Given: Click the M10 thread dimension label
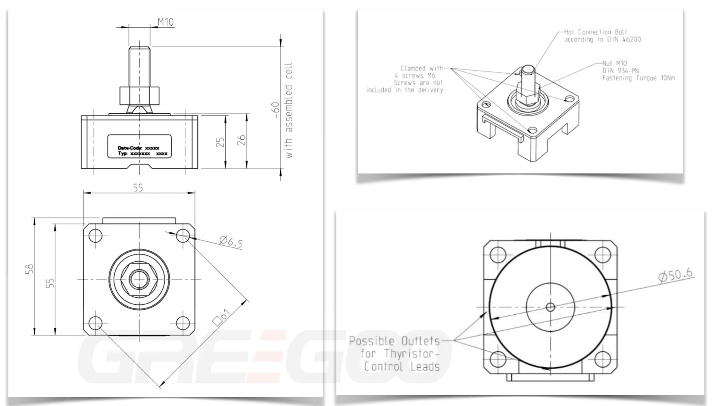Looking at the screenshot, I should click(x=166, y=22).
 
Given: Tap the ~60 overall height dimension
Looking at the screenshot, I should click(x=275, y=110).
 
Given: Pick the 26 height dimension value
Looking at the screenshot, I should click(x=241, y=140).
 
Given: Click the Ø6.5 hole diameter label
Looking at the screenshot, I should click(x=231, y=242).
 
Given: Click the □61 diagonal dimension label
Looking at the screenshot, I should click(x=222, y=317).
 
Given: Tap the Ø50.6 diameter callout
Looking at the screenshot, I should click(x=675, y=275).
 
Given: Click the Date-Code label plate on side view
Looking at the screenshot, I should click(x=139, y=146).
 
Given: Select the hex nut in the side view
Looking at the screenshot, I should click(x=139, y=96).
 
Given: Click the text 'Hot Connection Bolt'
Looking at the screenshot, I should click(x=595, y=32).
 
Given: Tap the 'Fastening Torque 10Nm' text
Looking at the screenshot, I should click(x=638, y=78).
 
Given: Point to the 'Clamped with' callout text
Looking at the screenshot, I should click(x=421, y=68).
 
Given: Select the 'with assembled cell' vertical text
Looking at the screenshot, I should click(x=289, y=110).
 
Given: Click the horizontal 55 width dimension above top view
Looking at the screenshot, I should click(x=138, y=188).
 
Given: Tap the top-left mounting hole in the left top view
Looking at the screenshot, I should click(x=95, y=235).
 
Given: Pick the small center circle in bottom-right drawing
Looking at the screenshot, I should click(x=550, y=307).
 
